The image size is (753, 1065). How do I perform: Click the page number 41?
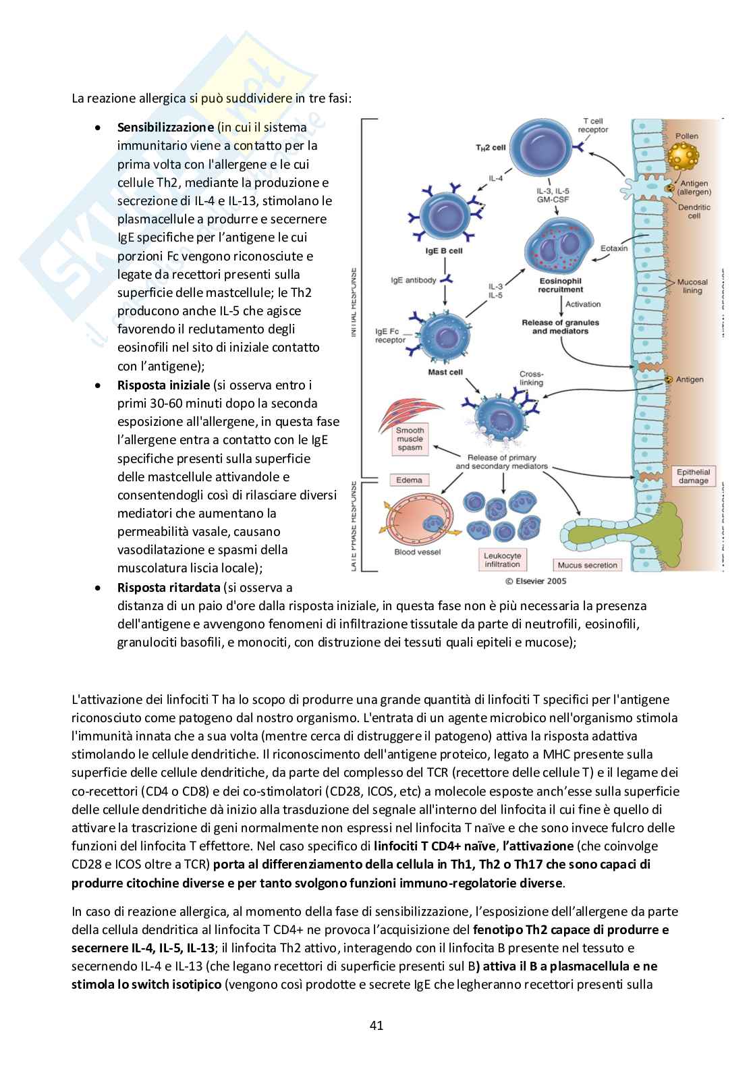[376, 1025]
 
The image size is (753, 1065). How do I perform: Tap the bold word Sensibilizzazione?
[165, 127]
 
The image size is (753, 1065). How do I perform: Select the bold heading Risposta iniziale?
[163, 385]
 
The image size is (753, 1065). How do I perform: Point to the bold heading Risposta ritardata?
[169, 587]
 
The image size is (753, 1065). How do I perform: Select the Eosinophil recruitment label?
[561, 284]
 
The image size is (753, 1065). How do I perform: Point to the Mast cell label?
[445, 372]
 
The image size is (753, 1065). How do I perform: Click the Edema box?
[409, 480]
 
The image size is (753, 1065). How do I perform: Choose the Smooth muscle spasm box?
[410, 439]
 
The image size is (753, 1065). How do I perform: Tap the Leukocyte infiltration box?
[502, 559]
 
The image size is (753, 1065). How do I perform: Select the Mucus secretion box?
[587, 565]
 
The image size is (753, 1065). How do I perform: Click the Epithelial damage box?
[693, 476]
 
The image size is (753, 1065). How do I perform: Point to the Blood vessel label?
[418, 552]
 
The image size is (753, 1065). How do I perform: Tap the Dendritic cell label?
[694, 211]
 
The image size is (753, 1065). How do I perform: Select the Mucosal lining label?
[692, 286]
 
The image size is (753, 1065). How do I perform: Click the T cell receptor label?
[593, 125]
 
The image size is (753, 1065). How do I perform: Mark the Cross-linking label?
[531, 378]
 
